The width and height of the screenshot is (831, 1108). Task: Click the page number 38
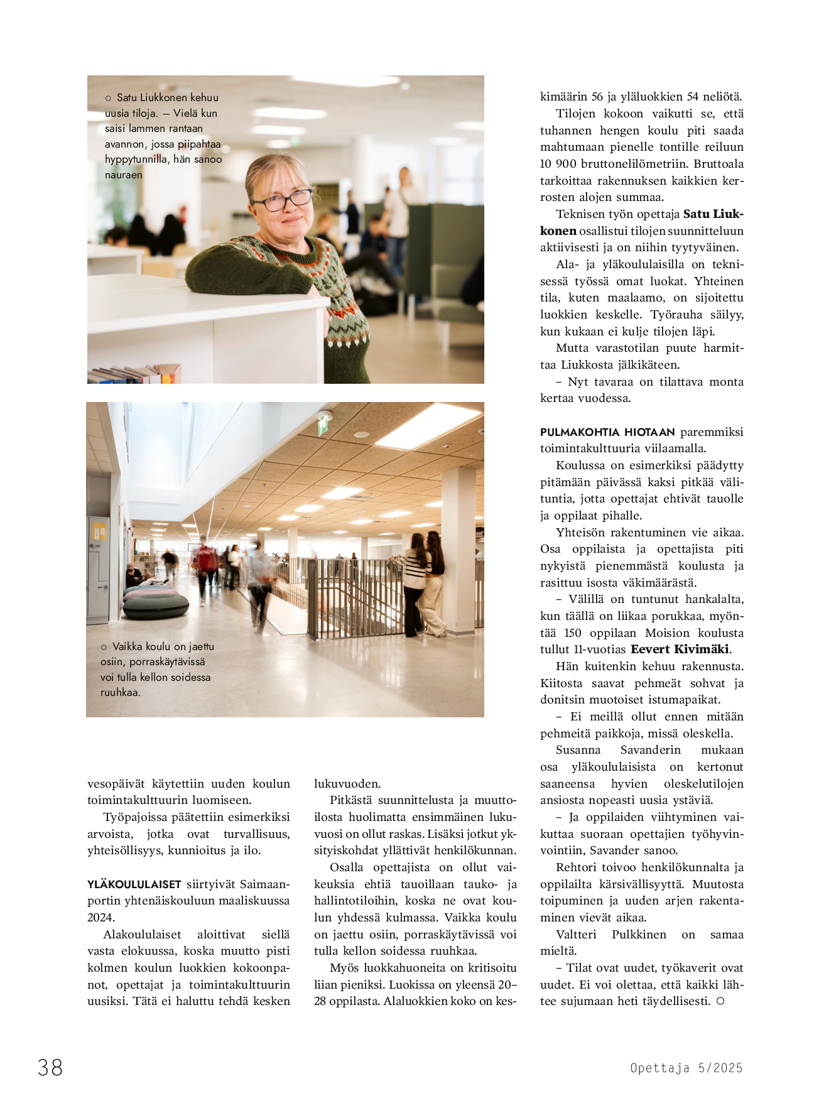(x=50, y=1067)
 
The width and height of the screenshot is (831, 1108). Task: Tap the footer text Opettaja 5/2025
(x=686, y=1068)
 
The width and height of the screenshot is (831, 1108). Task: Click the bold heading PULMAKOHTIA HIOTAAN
(x=607, y=432)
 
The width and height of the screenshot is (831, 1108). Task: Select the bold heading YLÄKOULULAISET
(x=134, y=884)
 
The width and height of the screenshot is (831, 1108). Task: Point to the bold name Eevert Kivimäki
(x=680, y=649)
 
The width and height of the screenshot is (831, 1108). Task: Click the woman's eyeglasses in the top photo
(x=281, y=200)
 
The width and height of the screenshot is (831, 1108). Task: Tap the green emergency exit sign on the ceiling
(x=323, y=427)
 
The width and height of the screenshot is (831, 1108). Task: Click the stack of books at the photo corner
(x=135, y=374)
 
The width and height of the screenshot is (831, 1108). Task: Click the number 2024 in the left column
(x=100, y=918)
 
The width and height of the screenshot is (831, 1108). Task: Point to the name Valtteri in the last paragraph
(x=576, y=935)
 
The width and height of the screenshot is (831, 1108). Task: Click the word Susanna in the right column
(x=578, y=750)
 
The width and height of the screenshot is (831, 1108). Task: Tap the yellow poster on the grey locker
(x=100, y=531)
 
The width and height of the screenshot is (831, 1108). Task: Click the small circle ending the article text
(x=720, y=1001)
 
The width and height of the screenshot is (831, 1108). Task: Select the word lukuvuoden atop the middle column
(x=347, y=784)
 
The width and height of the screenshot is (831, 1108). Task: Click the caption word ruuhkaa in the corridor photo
(x=120, y=693)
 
